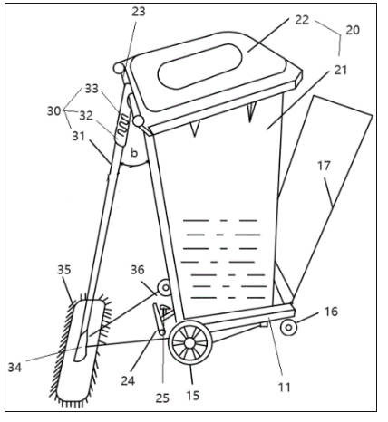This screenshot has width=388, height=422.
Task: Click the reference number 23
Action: pos(139,12)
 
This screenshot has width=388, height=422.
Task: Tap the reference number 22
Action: pos(302,20)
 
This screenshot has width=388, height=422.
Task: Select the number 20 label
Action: pos(353,30)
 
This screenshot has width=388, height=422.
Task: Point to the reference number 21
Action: pos(340,70)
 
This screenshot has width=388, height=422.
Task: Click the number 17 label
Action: pos(325,166)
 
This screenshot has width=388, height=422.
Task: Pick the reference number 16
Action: pos(331,312)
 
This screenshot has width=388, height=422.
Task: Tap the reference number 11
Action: pos(284,387)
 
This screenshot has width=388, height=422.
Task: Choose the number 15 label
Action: pos(193,395)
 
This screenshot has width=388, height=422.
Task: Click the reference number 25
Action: pos(162,398)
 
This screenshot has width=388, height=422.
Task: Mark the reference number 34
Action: pos(15,368)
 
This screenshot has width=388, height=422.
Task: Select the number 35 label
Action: pos(64,270)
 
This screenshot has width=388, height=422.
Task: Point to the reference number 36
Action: pos(138,270)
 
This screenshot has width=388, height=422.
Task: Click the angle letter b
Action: pos(134,153)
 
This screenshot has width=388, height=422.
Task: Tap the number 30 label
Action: pos(54,111)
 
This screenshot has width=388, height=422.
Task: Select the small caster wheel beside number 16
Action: pos(288,327)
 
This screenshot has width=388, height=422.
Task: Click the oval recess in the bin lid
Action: pos(199,66)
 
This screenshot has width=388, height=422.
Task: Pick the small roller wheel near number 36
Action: pos(165,288)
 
